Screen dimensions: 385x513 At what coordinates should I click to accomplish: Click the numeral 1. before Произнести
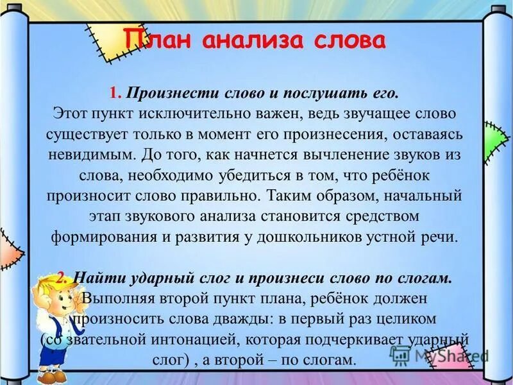coord(115,94)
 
